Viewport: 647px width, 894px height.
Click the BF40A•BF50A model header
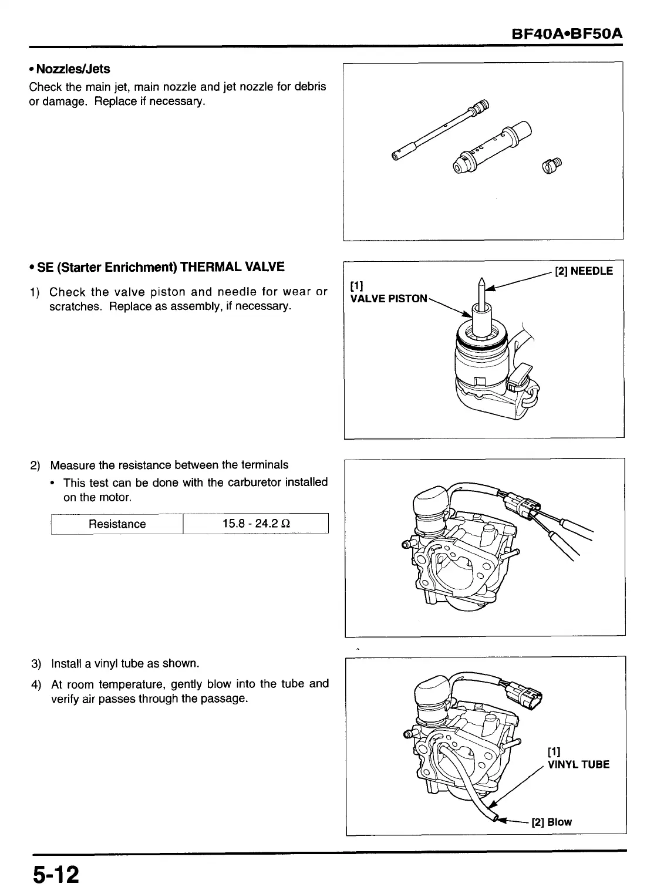pyautogui.click(x=567, y=34)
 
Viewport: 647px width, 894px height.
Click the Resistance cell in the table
pyautogui.click(x=117, y=524)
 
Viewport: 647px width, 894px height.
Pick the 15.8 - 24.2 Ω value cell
pyautogui.click(x=255, y=524)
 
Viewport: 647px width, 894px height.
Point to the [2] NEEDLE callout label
pyautogui.click(x=583, y=271)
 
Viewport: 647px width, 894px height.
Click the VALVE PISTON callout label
pyautogui.click(x=389, y=298)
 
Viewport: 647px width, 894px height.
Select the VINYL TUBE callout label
pyautogui.click(x=578, y=764)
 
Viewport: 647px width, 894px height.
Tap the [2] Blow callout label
pyautogui.click(x=551, y=822)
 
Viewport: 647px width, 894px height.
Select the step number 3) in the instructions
pyautogui.click(x=36, y=664)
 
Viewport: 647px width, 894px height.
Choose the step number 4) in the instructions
pyautogui.click(x=36, y=684)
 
